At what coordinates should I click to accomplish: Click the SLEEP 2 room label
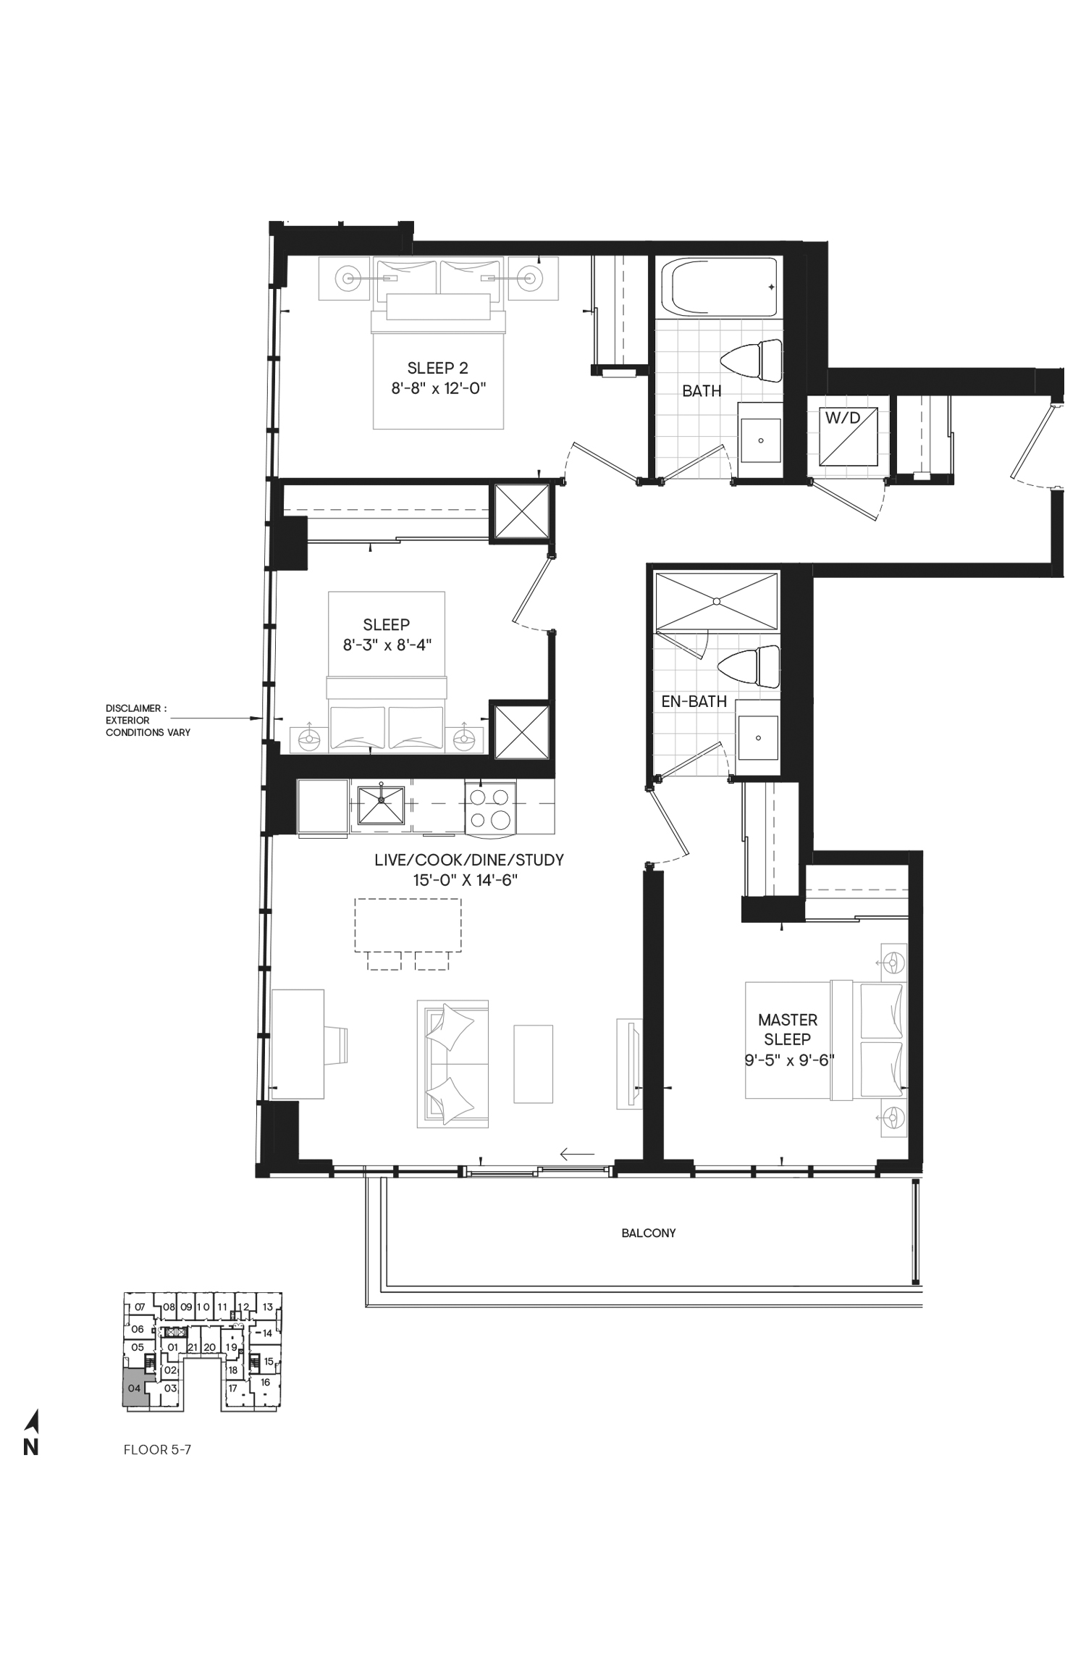click(438, 368)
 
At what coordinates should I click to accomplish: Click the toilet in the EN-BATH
click(750, 666)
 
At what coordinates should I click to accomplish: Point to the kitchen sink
click(381, 803)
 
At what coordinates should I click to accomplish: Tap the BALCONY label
click(648, 1233)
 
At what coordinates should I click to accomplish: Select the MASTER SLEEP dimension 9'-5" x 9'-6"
click(789, 1060)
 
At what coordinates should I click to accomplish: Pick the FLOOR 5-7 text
click(157, 1449)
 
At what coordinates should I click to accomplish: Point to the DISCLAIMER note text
click(148, 720)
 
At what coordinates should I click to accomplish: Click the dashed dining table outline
click(408, 925)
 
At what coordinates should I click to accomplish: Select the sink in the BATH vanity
click(760, 440)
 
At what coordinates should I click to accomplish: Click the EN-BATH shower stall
click(716, 600)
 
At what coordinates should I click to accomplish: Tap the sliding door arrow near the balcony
click(577, 1153)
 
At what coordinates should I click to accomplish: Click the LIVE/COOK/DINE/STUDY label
click(469, 860)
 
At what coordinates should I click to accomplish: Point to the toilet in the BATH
click(752, 361)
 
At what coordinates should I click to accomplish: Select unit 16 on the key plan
click(266, 1382)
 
